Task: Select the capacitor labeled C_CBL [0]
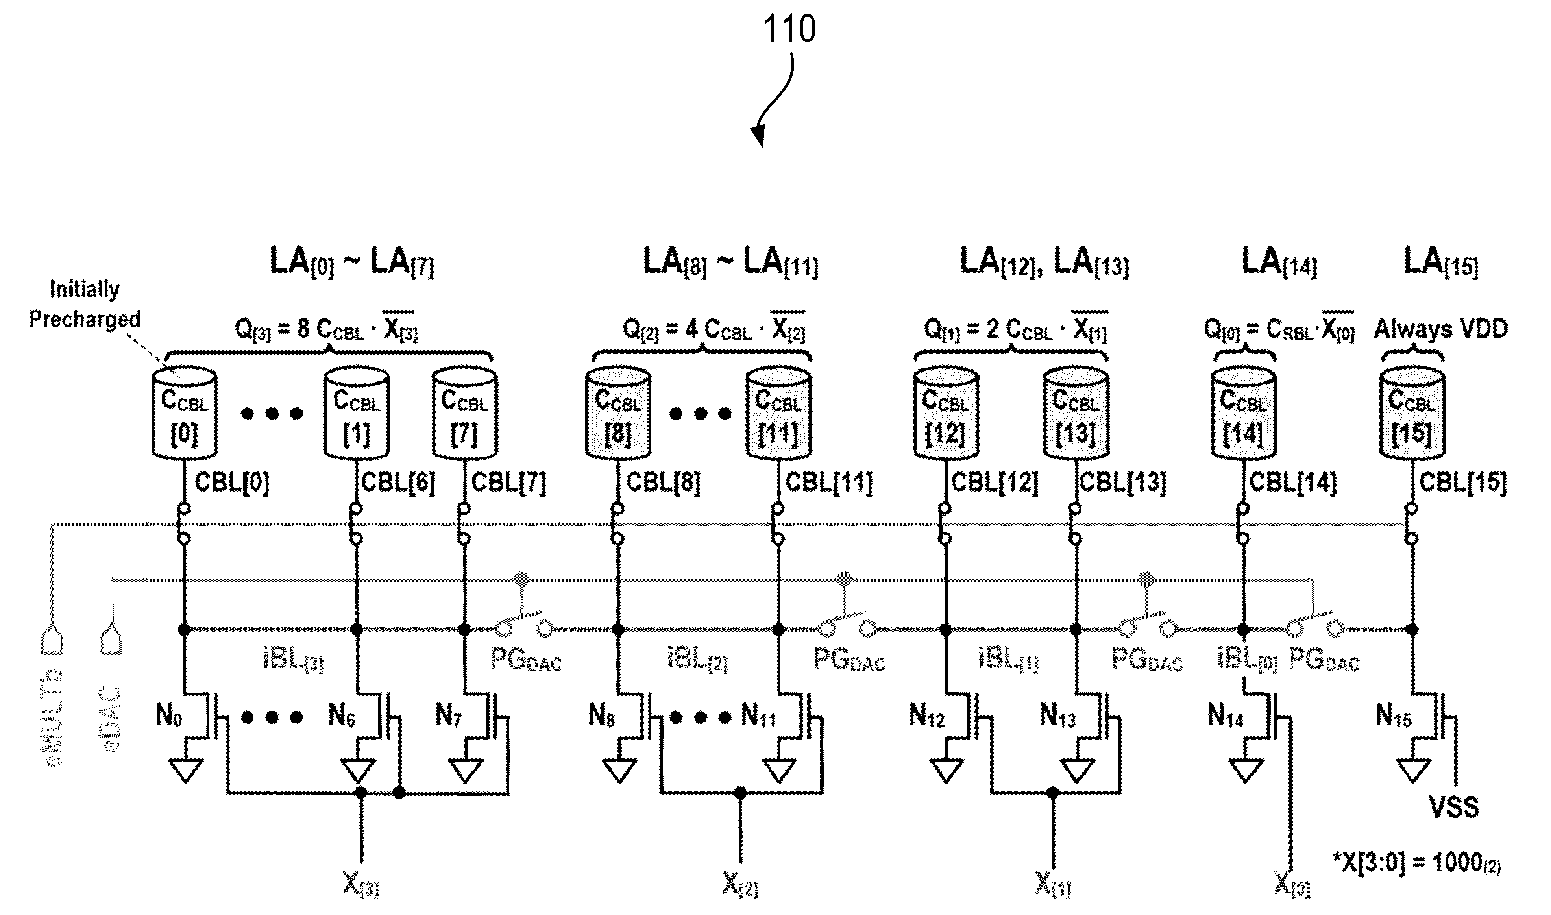tap(184, 413)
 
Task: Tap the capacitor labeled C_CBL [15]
tap(1412, 413)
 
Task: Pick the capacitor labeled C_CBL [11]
tap(778, 413)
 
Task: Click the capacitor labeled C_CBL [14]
tap(1243, 413)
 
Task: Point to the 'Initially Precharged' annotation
tap(85, 304)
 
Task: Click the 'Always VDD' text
tap(1441, 329)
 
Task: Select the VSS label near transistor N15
tap(1454, 806)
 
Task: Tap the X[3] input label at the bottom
tap(360, 886)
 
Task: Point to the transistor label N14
tap(1226, 717)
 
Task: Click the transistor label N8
tap(602, 717)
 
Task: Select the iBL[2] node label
tap(697, 660)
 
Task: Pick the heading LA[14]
tap(1279, 262)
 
